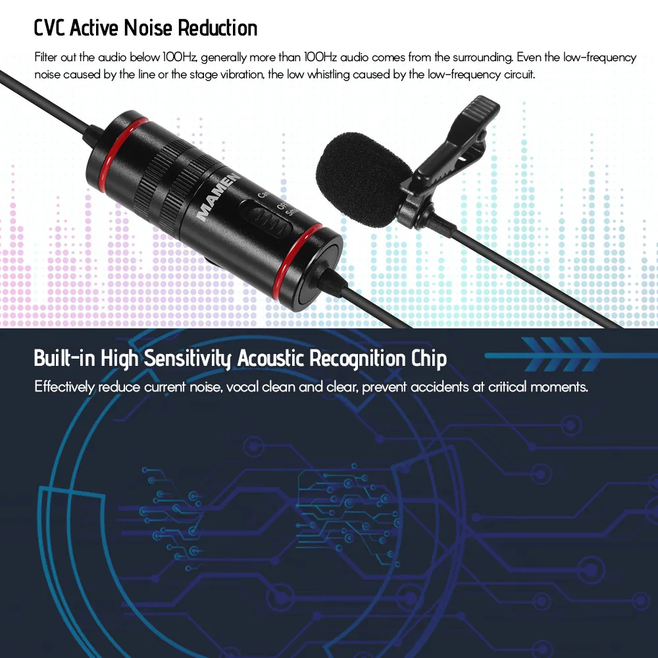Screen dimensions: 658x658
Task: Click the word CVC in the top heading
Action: coord(49,28)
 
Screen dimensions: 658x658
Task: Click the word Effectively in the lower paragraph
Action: coord(64,387)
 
